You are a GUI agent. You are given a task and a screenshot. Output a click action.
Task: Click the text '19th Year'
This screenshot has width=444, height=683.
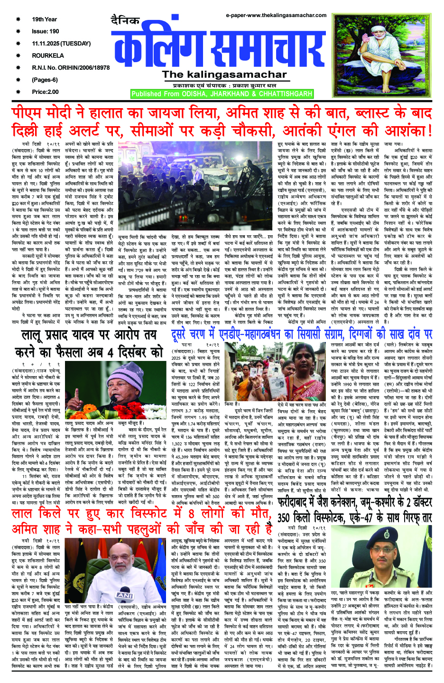tap(44, 19)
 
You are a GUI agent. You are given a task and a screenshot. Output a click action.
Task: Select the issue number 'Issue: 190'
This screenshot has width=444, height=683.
tap(46, 31)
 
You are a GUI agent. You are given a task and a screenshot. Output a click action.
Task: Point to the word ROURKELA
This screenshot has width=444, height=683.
tap(48, 55)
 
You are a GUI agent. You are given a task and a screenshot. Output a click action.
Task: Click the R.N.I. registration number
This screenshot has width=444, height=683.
tap(71, 68)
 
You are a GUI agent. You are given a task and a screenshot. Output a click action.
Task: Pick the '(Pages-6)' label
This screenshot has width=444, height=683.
tap(45, 80)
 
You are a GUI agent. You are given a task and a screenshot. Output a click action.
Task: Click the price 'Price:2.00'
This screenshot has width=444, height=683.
tap(46, 92)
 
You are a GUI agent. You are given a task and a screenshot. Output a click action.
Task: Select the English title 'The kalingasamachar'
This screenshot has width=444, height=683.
tap(224, 74)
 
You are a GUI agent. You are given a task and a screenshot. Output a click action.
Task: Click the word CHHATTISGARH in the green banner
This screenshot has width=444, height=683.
tap(286, 94)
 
